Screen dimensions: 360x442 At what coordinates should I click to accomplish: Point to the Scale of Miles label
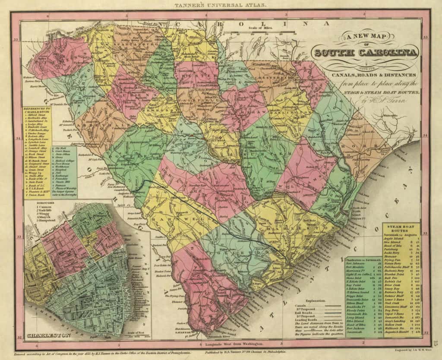[253, 28]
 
